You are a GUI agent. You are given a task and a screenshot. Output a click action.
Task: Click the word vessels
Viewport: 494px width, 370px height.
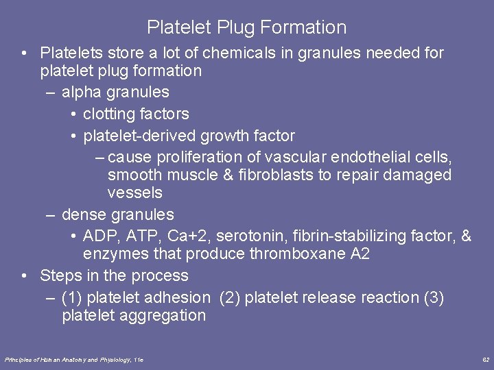pos(134,193)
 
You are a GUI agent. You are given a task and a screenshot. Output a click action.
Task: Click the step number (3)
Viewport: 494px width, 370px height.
pos(433,298)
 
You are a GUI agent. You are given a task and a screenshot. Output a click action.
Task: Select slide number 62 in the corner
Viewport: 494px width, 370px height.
pos(485,359)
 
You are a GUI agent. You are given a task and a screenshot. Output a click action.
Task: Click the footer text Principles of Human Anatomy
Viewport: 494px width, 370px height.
pos(51,359)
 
